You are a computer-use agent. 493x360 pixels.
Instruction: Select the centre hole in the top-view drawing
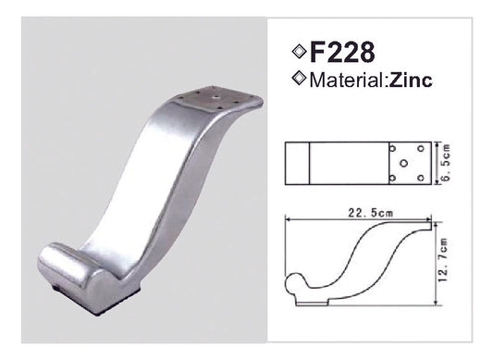(x=403, y=164)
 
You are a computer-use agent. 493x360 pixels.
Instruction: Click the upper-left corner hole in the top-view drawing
(x=396, y=148)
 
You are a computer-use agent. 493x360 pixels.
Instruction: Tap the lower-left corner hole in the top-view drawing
(x=396, y=179)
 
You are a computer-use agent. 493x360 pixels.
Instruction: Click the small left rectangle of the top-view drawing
(x=299, y=164)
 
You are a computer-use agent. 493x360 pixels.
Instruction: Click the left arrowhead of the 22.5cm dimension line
(x=290, y=220)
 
